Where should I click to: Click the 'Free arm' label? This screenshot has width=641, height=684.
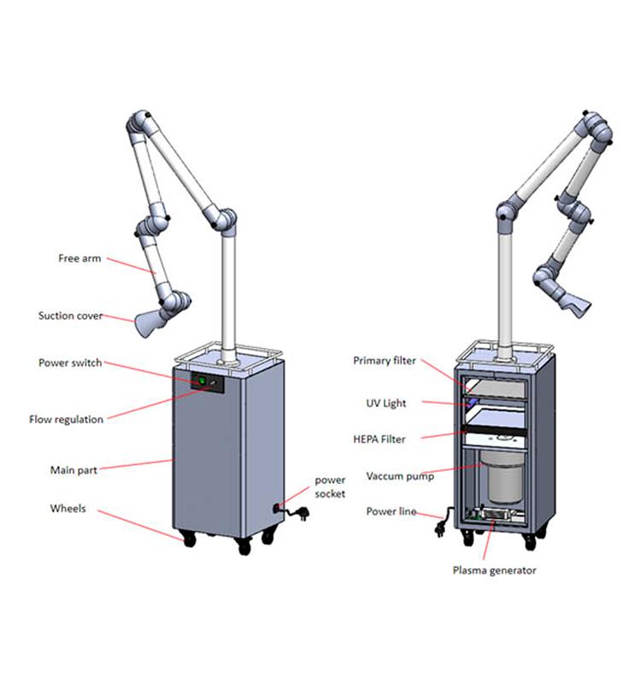click(79, 258)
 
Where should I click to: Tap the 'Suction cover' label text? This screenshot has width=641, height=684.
click(70, 315)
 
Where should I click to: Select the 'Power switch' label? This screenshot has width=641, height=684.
click(70, 363)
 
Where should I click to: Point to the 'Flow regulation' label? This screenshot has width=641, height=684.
click(66, 419)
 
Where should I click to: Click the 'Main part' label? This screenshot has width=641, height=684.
click(74, 469)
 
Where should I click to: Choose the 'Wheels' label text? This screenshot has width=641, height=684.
click(68, 508)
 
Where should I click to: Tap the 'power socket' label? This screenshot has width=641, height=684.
click(330, 486)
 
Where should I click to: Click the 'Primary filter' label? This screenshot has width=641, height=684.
click(384, 361)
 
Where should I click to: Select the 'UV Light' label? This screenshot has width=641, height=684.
click(386, 403)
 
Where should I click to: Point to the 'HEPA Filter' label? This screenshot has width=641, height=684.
click(379, 439)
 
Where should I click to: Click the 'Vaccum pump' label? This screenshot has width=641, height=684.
click(400, 476)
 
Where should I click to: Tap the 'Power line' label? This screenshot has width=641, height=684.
click(391, 511)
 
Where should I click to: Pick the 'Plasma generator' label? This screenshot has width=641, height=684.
click(494, 570)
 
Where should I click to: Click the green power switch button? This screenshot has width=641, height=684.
click(202, 381)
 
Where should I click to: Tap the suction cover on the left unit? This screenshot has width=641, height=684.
click(148, 324)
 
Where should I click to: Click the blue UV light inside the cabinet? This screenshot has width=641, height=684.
click(471, 402)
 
